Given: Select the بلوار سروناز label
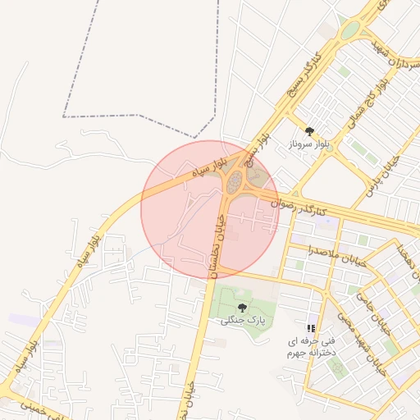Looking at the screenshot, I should pos(309,144).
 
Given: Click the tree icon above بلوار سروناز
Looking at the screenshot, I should pos(309,130).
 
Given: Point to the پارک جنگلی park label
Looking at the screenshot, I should pos(244,320).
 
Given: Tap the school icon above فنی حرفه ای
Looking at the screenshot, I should pos(311,327).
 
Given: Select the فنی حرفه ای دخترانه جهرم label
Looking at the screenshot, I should pos(310,345).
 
